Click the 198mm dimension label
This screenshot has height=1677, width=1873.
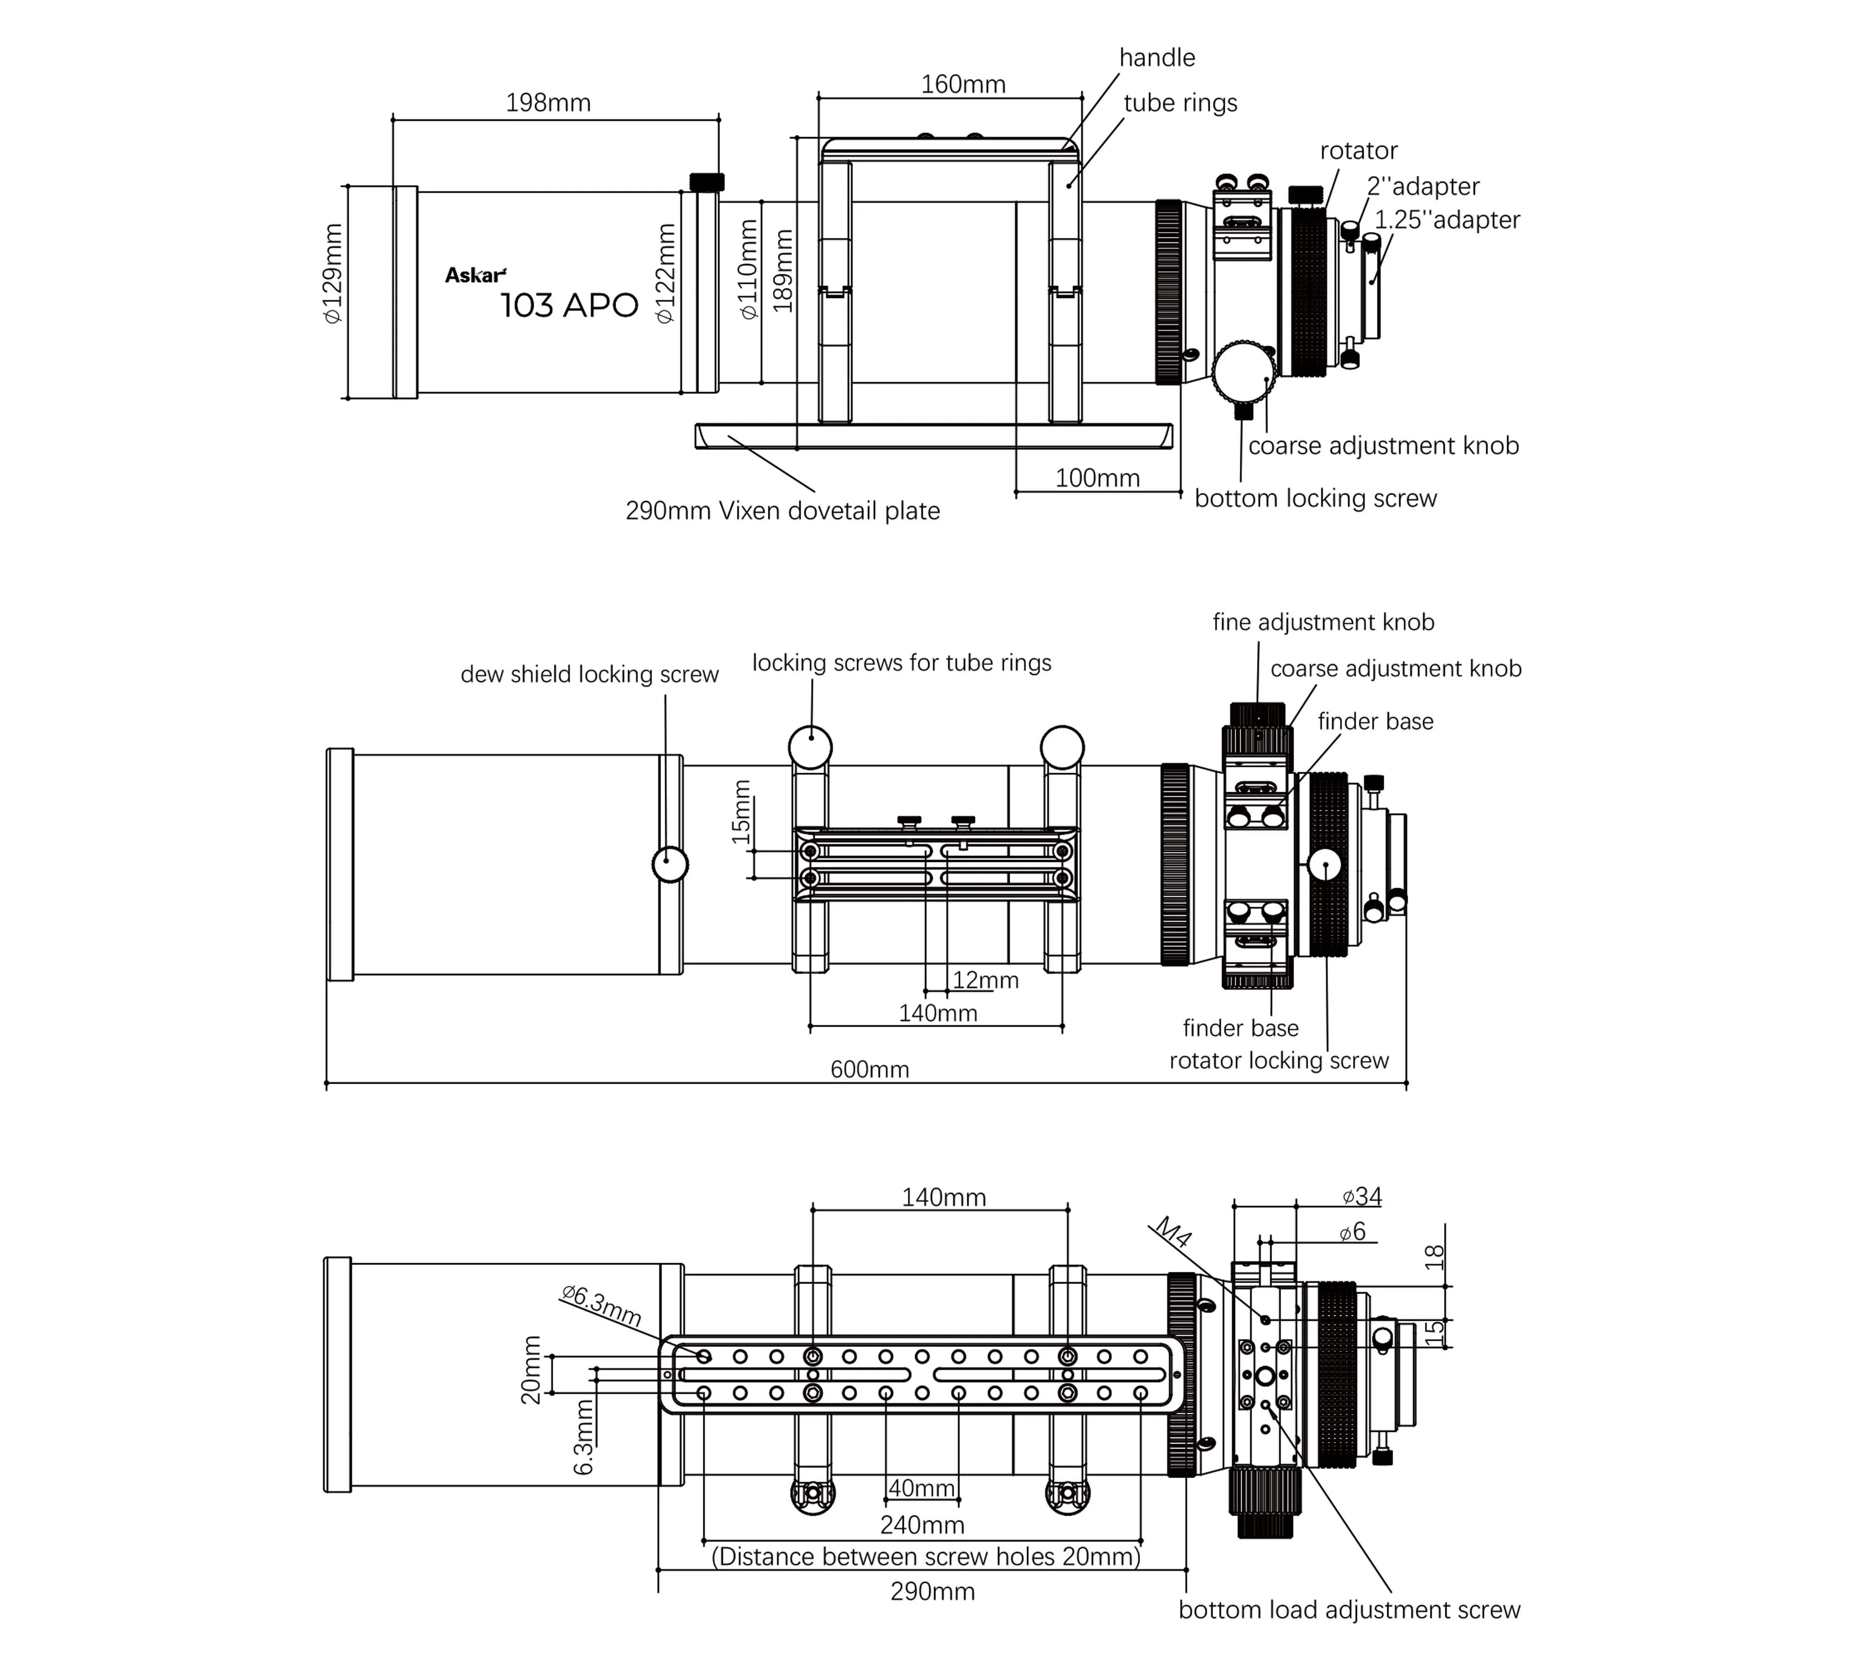(x=548, y=102)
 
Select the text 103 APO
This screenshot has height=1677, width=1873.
(x=569, y=305)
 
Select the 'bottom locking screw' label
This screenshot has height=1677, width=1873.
(x=1315, y=499)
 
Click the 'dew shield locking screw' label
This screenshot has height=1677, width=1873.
(x=589, y=675)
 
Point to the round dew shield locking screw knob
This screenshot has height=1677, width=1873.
(x=670, y=864)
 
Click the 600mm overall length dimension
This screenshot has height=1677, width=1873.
(x=869, y=1069)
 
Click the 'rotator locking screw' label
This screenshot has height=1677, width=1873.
(x=1278, y=1061)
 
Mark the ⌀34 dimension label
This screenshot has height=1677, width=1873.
(x=1361, y=1196)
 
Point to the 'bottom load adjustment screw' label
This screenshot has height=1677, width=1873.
(x=1349, y=1610)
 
